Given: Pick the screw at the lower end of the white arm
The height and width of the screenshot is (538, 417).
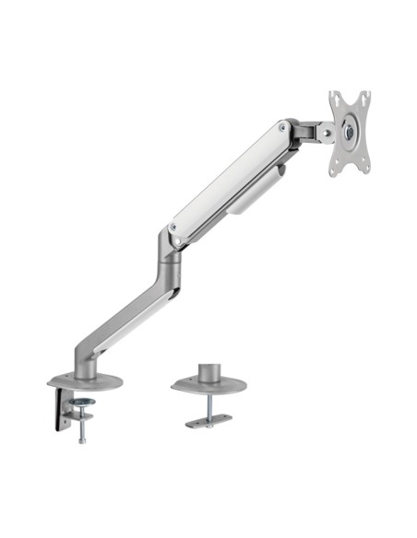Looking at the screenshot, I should [x=174, y=226].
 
